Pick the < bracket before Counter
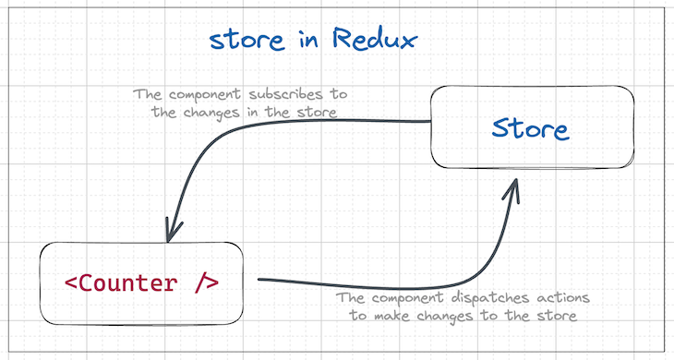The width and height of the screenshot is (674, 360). (71, 282)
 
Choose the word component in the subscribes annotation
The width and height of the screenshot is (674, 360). (207, 94)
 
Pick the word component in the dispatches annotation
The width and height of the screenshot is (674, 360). (410, 299)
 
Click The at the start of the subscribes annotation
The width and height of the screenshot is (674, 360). (147, 94)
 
